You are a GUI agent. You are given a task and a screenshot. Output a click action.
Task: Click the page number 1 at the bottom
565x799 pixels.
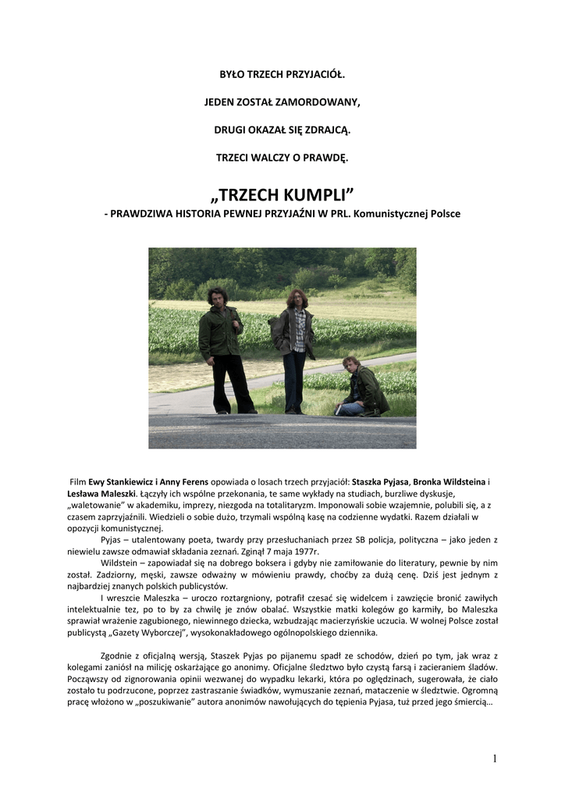coord(495,758)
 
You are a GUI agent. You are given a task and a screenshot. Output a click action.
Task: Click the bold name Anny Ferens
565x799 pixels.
coord(186,482)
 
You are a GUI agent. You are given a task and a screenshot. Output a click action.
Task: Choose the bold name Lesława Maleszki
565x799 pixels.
coord(102,494)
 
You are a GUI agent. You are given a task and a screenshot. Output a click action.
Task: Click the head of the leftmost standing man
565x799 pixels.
coord(217,297)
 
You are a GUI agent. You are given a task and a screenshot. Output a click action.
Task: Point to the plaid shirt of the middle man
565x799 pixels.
coord(297,321)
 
